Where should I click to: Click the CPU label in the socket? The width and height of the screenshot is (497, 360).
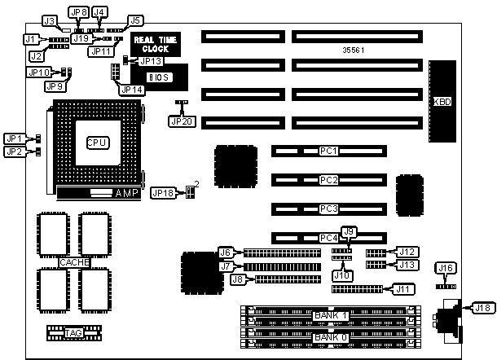pos(97,142)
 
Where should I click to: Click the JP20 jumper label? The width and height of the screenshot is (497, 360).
pos(181,120)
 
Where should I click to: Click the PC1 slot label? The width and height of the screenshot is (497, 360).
pos(328,151)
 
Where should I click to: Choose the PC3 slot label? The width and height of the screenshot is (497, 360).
pos(328,209)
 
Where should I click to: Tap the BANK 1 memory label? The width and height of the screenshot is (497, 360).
pos(331,315)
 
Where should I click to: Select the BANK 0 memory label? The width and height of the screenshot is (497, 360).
pos(331,336)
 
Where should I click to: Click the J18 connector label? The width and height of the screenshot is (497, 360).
pos(483,307)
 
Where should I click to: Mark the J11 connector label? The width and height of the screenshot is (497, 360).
pos(402,288)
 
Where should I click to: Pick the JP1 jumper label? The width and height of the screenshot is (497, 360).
pos(14,138)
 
